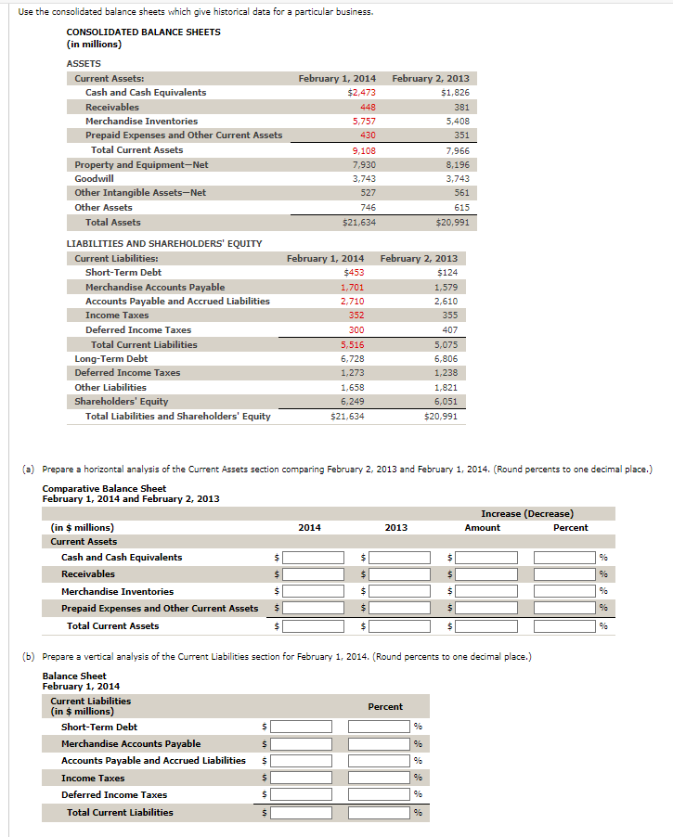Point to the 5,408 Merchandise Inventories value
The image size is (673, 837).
coord(457,122)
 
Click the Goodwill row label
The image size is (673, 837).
coord(95,178)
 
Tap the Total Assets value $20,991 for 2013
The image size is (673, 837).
coord(451,223)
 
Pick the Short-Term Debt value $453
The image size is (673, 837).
coord(353,273)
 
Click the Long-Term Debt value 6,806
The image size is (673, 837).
coord(446,359)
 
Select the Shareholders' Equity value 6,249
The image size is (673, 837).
coord(353,402)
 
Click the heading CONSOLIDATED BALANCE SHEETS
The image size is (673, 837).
coord(143,32)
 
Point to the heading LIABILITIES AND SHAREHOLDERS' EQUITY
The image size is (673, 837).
coord(164,243)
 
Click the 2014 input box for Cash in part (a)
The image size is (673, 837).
coord(315,558)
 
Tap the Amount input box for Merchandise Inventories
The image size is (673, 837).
coord(486,591)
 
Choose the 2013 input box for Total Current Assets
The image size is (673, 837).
coord(400,626)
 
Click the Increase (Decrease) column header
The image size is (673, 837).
coord(526,513)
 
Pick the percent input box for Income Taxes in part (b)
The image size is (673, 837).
coord(379,779)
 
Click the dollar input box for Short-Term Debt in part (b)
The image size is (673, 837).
coord(301,728)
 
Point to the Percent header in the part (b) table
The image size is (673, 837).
coord(385,707)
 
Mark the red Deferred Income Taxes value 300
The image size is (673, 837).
coord(356,330)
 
